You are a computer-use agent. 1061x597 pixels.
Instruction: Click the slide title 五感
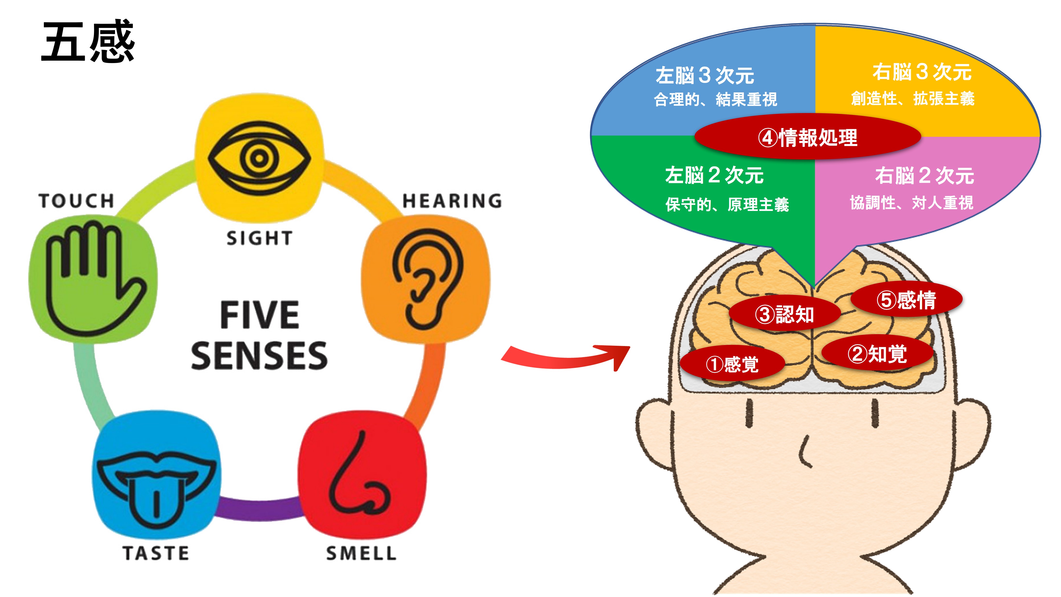coord(88,41)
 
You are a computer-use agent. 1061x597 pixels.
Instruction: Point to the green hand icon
coord(93,279)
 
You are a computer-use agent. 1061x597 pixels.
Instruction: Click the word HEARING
coord(452,201)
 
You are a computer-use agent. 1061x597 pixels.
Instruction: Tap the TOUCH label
coord(77,201)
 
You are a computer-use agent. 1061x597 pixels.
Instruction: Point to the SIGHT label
coord(259,238)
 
